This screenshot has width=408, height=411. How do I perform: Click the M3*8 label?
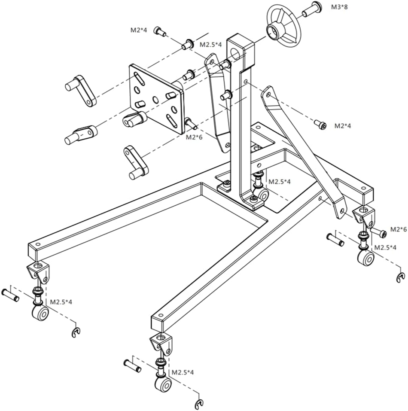click(339, 7)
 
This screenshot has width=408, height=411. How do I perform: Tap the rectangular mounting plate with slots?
click(156, 98)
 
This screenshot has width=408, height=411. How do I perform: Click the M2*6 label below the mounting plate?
click(194, 137)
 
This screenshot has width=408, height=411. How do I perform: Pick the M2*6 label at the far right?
click(398, 230)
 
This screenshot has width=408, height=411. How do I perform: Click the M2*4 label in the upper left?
click(139, 30)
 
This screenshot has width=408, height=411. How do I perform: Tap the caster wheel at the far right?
click(365, 257)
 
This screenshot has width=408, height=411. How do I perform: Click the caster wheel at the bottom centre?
click(163, 384)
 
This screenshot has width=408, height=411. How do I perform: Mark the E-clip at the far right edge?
click(401, 278)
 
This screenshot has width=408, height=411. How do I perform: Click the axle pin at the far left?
click(10, 295)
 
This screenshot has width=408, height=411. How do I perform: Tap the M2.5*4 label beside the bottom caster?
click(183, 372)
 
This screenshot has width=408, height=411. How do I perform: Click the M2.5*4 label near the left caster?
click(61, 302)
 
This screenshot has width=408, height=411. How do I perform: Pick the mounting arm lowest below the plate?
click(136, 162)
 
